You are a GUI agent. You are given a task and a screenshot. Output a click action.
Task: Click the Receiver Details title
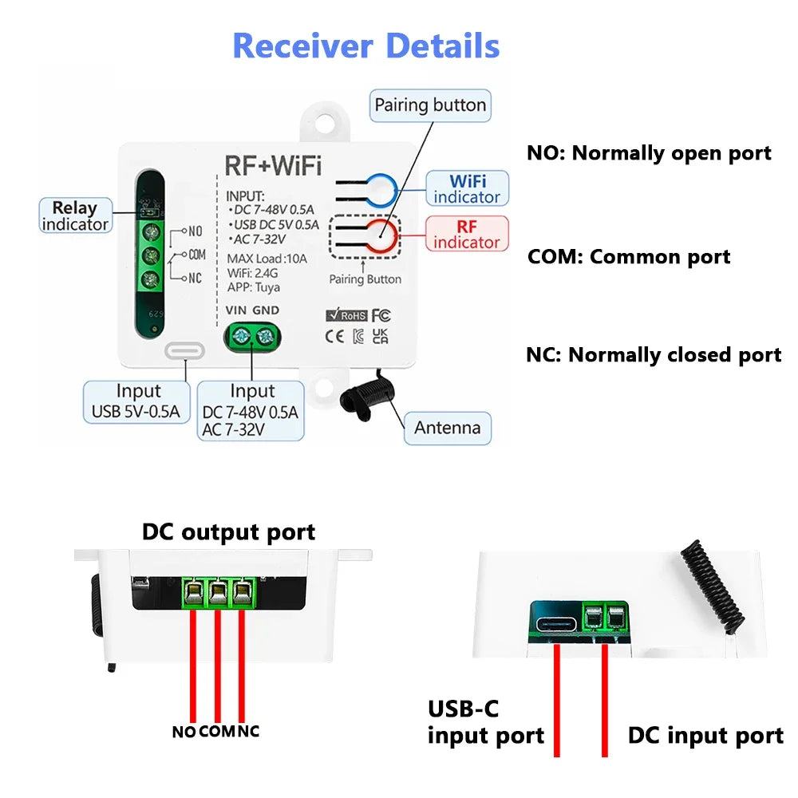pos(365,45)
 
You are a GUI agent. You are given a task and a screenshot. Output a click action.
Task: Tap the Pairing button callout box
pos(430,105)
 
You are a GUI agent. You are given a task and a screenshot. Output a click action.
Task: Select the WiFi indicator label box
pos(467,188)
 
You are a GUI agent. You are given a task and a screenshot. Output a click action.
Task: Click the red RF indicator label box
pos(467,234)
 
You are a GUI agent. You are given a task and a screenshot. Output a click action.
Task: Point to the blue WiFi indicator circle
pos(381,189)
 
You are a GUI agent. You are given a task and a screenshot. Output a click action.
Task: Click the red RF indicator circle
pos(381,237)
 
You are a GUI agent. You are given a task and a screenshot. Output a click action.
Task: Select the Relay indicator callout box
pos(74,215)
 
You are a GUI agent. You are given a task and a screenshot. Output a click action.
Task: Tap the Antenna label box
pos(447,428)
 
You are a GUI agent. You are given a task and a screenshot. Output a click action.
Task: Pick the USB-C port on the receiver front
pos(184,350)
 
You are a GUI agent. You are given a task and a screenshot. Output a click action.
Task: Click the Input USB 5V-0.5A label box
pos(137,401)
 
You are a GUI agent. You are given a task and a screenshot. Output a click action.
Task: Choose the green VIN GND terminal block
pos(251,338)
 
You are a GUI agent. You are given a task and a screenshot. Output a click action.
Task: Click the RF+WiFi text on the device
pos(273,165)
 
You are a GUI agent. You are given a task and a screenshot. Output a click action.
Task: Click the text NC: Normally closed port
pos(654,355)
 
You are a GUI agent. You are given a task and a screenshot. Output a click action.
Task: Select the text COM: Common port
pos(628,257)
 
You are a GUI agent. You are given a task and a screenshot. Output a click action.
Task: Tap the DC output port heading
pos(228,532)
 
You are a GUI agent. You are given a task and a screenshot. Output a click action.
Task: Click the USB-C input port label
pos(485,721)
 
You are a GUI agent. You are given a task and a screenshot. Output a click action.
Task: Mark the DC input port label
pos(705,735)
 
